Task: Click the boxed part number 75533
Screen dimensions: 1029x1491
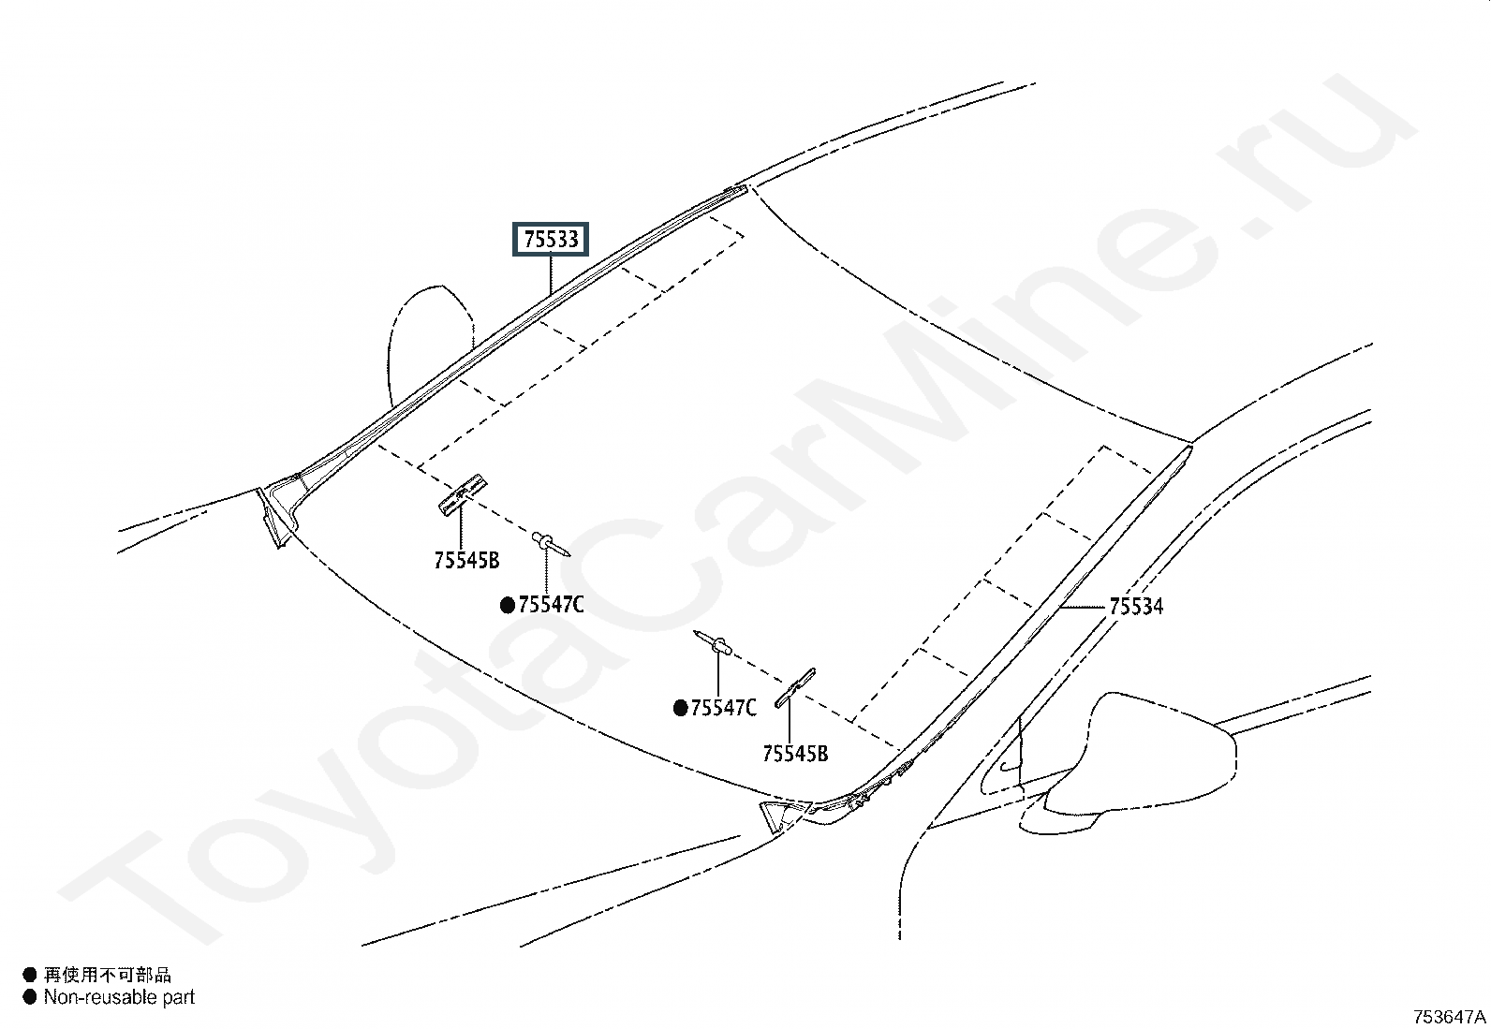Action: [x=551, y=240]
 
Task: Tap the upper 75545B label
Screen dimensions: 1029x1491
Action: [x=466, y=561]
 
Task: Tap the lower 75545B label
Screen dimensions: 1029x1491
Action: [x=795, y=754]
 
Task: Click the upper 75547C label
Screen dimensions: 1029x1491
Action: [x=551, y=605]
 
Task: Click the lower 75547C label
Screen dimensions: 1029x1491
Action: [x=723, y=708]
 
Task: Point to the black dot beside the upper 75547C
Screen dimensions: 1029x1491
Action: [x=508, y=605]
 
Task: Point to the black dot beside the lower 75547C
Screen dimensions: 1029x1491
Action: [x=681, y=708]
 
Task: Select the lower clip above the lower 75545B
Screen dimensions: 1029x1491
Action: [x=795, y=688]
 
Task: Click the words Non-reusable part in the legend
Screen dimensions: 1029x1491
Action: [x=119, y=997]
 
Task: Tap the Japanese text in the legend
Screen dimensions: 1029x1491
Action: [x=108, y=976]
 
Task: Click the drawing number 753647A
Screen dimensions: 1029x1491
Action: [x=1449, y=1017]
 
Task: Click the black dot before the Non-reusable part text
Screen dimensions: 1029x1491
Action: [x=30, y=997]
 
